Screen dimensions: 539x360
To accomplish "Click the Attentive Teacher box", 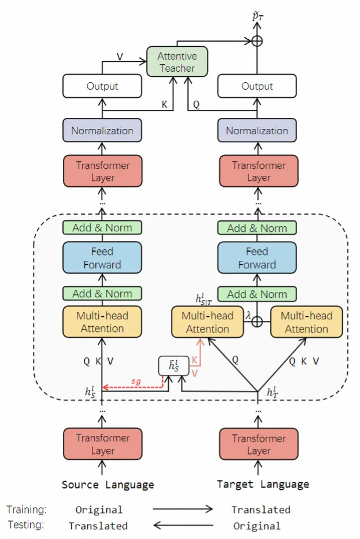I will pos(177,62).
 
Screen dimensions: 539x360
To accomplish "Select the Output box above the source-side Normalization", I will pos(102,86).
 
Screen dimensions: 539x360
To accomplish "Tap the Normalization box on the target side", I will pos(257,131).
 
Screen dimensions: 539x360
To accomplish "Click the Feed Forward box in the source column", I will pos(102,258).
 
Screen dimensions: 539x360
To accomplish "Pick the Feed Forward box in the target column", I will pos(257,258).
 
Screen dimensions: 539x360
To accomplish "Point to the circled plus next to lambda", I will pos(257,322).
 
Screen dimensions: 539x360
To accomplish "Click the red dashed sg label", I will pos(136,382).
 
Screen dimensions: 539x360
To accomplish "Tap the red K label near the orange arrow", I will pos(195,360).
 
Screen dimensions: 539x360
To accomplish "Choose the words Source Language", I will pos(108,485).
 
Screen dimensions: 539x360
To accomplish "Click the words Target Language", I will pos(263,485).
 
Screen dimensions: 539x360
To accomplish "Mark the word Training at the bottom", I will pos(27,510).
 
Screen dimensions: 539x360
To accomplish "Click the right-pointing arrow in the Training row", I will pos(183,510).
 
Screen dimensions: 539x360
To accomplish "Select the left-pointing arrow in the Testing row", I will pos(183,525).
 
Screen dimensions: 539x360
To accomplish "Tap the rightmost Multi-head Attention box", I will pos(306,322).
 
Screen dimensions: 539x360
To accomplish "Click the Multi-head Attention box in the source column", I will pos(102,322).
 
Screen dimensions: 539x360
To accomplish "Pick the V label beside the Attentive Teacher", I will pos(120,57).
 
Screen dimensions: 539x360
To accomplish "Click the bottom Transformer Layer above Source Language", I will pos(102,444).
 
